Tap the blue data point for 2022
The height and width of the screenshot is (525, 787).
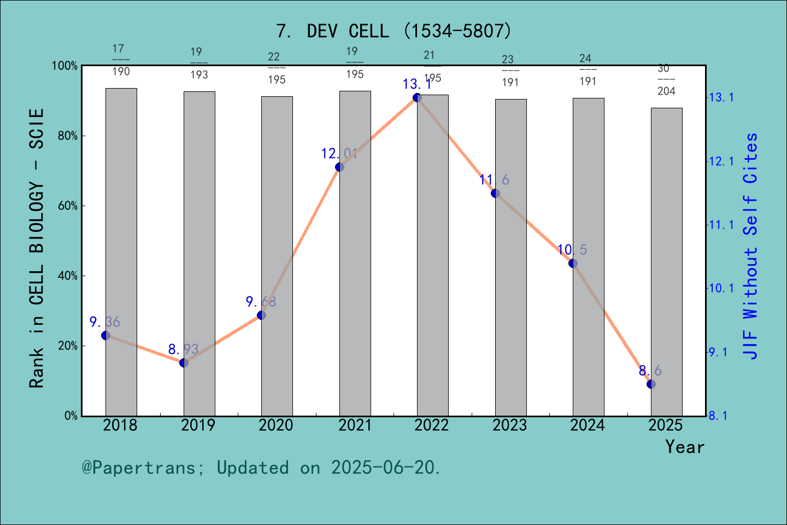pyautogui.click(x=417, y=97)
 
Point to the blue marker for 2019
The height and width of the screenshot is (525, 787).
pyautogui.click(x=184, y=363)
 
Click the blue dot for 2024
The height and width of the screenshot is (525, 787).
pyautogui.click(x=573, y=263)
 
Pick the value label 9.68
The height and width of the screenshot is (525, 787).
pyautogui.click(x=261, y=301)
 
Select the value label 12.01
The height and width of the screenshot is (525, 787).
pyautogui.click(x=339, y=154)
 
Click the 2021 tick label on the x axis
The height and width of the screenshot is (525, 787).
pyautogui.click(x=354, y=425)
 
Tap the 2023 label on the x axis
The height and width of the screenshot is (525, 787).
pyautogui.click(x=509, y=425)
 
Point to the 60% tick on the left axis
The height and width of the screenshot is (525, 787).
pyautogui.click(x=68, y=206)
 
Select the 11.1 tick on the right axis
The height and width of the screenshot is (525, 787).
pyautogui.click(x=721, y=225)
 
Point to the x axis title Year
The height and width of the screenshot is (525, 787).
pyautogui.click(x=684, y=447)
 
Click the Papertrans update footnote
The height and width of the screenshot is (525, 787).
pyautogui.click(x=261, y=468)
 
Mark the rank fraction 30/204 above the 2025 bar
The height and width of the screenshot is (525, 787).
pyautogui.click(x=666, y=80)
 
